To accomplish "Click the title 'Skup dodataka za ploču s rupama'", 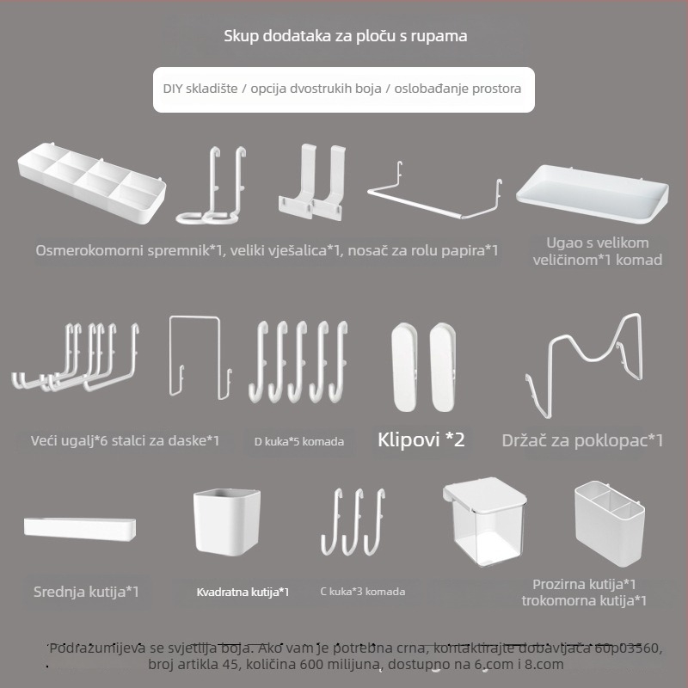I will tap(346, 36).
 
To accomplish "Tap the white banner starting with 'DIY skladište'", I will tap(343, 89).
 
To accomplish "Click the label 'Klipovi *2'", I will tap(421, 439).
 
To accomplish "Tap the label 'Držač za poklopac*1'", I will tap(582, 440).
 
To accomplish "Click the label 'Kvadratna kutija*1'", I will tap(243, 592).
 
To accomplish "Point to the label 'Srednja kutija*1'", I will tap(86, 592).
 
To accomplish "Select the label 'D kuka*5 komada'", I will tap(298, 441).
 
